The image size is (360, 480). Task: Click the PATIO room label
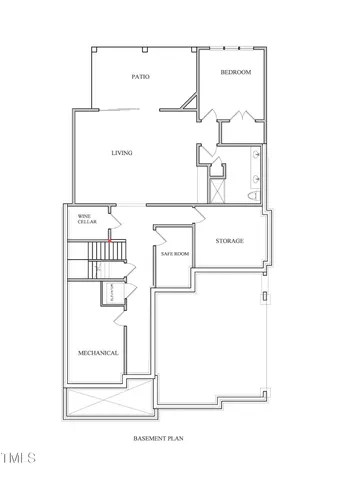[140, 77]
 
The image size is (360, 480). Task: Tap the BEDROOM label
[235, 73]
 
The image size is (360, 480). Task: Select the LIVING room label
[121, 153]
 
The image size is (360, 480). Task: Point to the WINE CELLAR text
[88, 218]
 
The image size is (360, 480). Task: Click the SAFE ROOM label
[175, 254]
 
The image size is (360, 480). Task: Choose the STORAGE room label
[230, 241]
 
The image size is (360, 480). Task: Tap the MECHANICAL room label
[98, 353]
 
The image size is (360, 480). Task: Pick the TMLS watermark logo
[18, 459]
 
